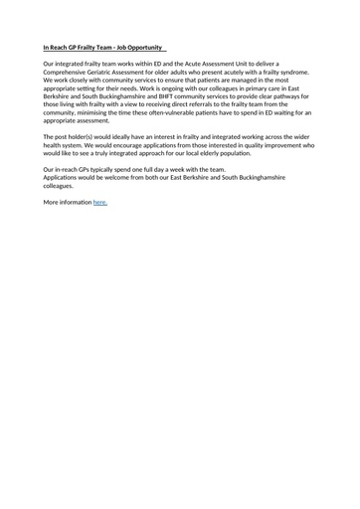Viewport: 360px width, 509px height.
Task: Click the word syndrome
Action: point(290,73)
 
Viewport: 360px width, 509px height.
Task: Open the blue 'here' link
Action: point(99,202)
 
